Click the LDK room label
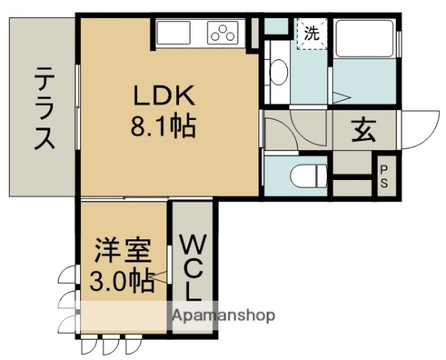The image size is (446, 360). [x=164, y=96]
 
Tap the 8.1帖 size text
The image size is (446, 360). [x=164, y=126]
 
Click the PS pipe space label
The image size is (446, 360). [x=384, y=181]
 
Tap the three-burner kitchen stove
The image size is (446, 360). [x=223, y=33]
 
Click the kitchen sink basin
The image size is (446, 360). [x=174, y=34]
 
